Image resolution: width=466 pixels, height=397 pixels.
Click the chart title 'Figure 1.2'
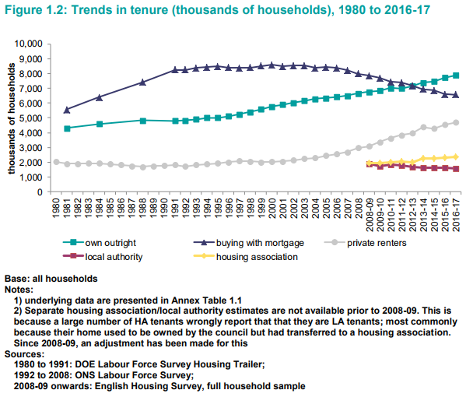pos(36,10)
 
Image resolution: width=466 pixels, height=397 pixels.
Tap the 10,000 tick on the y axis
pos(29,44)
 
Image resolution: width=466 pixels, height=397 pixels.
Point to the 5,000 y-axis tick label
pos(31,118)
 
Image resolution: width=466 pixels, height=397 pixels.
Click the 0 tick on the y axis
pos(40,192)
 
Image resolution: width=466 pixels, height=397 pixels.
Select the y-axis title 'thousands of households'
pos(12,118)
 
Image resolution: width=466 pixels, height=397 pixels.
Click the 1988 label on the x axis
pos(142,208)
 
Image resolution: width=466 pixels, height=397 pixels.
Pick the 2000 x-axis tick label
pos(272,208)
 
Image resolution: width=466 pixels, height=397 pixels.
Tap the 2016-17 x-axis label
pos(456,215)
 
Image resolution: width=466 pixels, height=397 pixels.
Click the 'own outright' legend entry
pos(100,243)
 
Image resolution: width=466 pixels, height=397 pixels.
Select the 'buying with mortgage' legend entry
pos(249,243)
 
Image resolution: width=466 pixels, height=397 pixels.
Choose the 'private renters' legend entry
pos(366,243)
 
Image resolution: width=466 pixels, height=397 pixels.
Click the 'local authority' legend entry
pos(103,257)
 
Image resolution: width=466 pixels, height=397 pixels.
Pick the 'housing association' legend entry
pos(246,257)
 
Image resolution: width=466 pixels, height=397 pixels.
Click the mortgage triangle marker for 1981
pos(67,110)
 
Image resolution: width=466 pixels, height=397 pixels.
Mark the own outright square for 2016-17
pos(456,76)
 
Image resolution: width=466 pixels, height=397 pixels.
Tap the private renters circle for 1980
pos(56,162)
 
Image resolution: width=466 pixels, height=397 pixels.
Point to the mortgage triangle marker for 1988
pos(142,82)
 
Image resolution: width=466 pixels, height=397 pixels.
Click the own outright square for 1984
pos(100,124)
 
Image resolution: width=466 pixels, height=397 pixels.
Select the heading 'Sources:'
pos(24,354)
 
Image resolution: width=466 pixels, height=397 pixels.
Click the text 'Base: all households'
pos(51,279)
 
